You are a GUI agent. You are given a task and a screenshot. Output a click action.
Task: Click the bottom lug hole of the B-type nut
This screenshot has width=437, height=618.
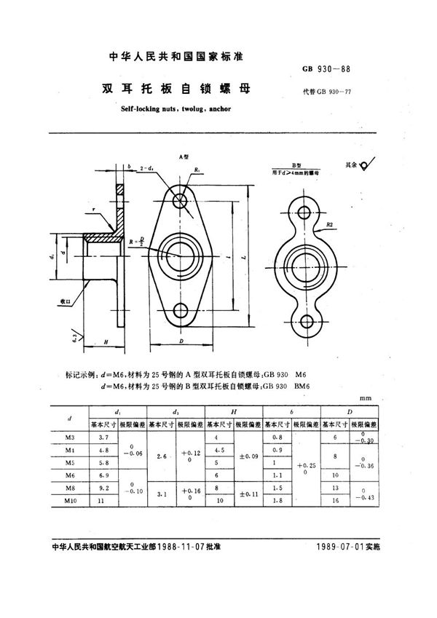306,321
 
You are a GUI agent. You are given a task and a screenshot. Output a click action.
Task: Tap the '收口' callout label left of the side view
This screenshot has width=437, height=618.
62,300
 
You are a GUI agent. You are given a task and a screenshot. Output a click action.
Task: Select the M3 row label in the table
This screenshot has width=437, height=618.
70,436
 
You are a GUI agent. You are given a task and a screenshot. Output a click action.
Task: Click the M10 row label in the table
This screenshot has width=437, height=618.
70,502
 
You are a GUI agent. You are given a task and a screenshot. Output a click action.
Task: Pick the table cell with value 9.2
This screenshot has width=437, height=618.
103,488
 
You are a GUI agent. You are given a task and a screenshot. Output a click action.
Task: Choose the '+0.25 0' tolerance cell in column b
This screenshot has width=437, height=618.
305,469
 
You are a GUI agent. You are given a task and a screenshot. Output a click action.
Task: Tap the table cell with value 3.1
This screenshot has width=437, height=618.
161,495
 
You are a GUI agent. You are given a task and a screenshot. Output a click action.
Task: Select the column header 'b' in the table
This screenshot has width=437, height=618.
291,412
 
